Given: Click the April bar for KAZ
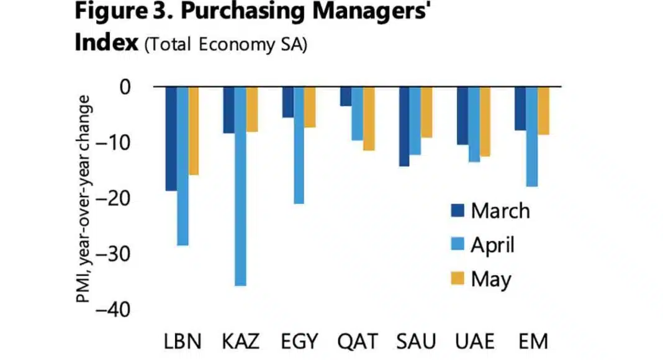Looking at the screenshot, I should [x=240, y=186].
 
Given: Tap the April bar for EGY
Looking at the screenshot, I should [x=299, y=145].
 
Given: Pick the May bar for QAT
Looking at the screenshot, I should [x=369, y=119].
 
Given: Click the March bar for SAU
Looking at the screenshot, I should [x=404, y=127].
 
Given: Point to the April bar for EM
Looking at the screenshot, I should [x=532, y=137].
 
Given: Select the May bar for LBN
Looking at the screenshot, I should [x=194, y=131].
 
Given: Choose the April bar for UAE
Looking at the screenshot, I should [x=474, y=124].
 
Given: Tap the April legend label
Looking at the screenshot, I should [x=492, y=245].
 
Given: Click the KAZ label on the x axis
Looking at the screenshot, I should [x=240, y=341].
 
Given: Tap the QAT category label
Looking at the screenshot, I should [x=357, y=341].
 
